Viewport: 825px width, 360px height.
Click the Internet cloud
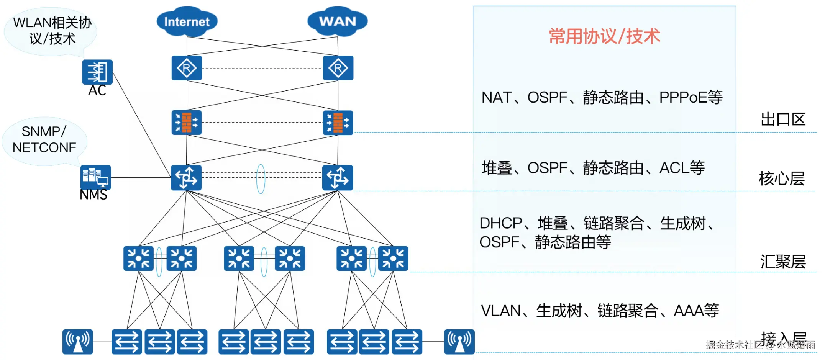187,21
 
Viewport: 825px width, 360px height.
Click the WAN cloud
338,21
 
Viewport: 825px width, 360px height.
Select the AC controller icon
97,72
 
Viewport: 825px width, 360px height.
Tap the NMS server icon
95,177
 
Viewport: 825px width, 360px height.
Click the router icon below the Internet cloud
187,68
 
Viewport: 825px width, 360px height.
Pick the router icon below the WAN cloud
338,68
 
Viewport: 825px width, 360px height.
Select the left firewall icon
187,123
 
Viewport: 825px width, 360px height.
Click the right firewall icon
338,123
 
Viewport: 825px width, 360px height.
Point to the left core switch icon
186,178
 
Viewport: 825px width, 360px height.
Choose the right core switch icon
338,178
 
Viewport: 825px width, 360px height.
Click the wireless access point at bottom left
78,342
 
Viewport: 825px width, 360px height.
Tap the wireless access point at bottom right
459,342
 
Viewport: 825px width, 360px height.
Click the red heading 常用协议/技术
604,36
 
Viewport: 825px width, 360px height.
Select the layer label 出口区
783,119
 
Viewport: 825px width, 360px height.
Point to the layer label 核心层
782,178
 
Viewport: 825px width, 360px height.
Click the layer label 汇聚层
783,262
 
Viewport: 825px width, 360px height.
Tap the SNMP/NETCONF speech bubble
44,140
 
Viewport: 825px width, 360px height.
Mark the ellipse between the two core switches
261,179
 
